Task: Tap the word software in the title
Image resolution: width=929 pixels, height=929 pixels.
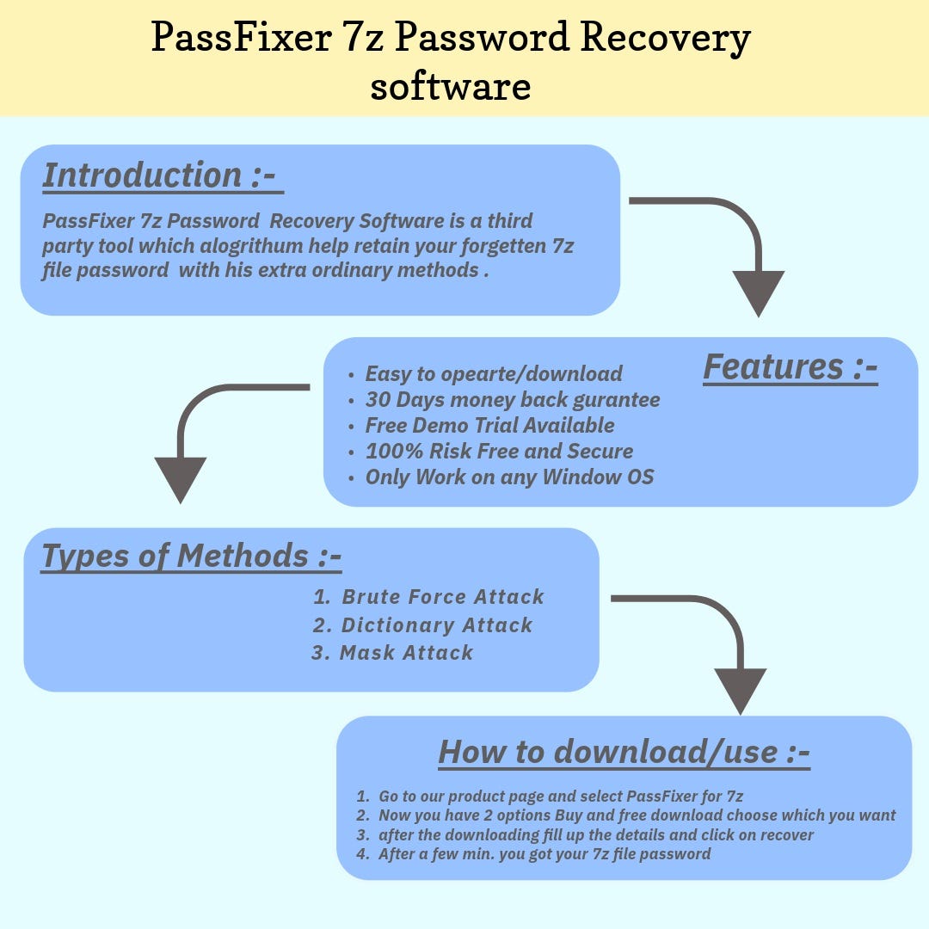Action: (x=450, y=86)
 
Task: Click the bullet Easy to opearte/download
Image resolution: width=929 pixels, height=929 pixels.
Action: (x=493, y=374)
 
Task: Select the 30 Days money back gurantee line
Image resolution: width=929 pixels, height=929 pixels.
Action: (x=512, y=400)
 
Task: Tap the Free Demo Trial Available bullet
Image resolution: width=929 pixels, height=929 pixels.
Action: (x=489, y=426)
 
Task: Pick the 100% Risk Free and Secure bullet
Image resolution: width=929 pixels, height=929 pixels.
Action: (x=499, y=452)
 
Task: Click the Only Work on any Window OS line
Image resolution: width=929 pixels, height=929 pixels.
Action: (x=509, y=477)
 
